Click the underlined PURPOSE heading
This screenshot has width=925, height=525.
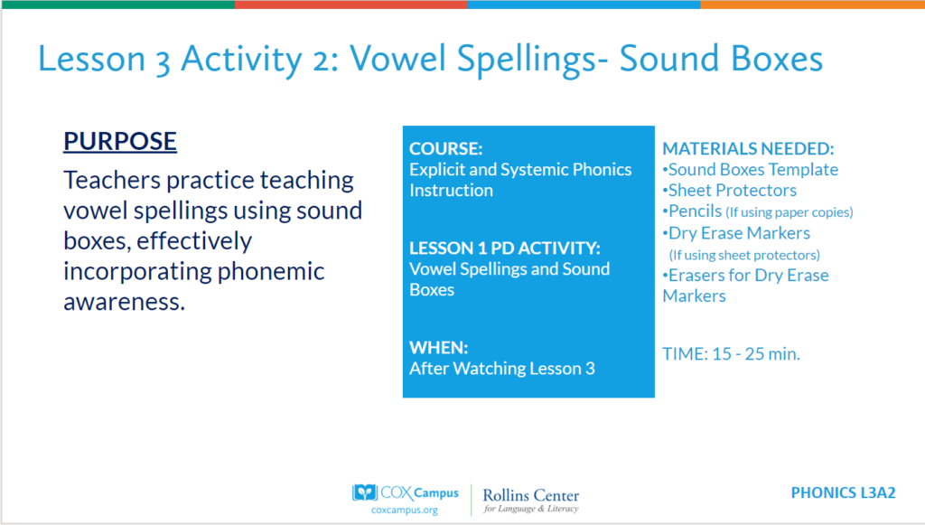point(120,141)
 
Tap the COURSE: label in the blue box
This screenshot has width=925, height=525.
point(446,149)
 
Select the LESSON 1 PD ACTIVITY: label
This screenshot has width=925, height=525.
point(504,248)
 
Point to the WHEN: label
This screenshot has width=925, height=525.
point(438,348)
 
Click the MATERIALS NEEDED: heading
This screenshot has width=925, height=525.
point(748,149)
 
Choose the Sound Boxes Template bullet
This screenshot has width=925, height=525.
point(751,169)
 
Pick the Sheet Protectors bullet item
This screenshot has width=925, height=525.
point(729,190)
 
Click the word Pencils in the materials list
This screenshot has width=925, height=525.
point(695,211)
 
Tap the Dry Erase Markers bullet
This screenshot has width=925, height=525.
point(736,233)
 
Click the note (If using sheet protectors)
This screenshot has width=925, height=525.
point(744,255)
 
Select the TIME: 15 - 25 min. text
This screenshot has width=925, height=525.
point(731,354)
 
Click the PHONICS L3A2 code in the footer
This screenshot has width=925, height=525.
point(843,492)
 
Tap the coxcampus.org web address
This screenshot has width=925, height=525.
point(405,510)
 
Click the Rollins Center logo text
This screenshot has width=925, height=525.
point(531,500)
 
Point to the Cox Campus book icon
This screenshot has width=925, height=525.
point(365,492)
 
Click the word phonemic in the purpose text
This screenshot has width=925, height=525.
point(271,272)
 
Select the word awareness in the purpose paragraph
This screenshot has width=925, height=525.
point(124,302)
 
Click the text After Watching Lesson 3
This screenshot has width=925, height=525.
point(502,369)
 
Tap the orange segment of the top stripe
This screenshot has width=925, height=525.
point(812,5)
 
